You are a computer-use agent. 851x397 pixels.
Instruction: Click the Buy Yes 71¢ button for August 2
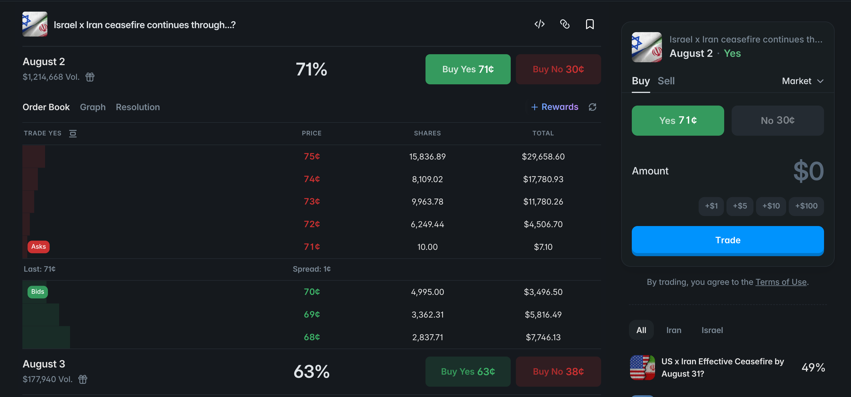468,69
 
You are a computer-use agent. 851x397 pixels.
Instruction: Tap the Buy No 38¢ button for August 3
558,371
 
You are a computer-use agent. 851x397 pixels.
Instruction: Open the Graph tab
93,107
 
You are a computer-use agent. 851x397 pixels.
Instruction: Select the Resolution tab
138,107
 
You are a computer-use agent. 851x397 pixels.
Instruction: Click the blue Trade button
728,240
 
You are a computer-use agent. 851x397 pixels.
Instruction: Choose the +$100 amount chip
806,206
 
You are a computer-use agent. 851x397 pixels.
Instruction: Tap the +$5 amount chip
740,206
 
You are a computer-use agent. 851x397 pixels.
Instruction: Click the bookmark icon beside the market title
590,24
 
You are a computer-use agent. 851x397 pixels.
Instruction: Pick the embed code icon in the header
539,24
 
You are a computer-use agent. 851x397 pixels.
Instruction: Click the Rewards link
555,107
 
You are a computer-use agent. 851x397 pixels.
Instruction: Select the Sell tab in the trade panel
666,81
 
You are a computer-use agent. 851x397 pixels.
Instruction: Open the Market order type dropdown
803,81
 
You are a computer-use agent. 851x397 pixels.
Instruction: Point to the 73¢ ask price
312,201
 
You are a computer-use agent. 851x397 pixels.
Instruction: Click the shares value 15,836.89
427,157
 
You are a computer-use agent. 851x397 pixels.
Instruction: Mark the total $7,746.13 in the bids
543,337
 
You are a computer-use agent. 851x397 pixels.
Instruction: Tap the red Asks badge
39,247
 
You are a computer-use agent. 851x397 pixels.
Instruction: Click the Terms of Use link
781,282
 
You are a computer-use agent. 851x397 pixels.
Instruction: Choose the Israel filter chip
712,330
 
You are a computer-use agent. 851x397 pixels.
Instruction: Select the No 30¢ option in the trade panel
777,120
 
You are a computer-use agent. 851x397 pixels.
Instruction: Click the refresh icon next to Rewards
592,107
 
